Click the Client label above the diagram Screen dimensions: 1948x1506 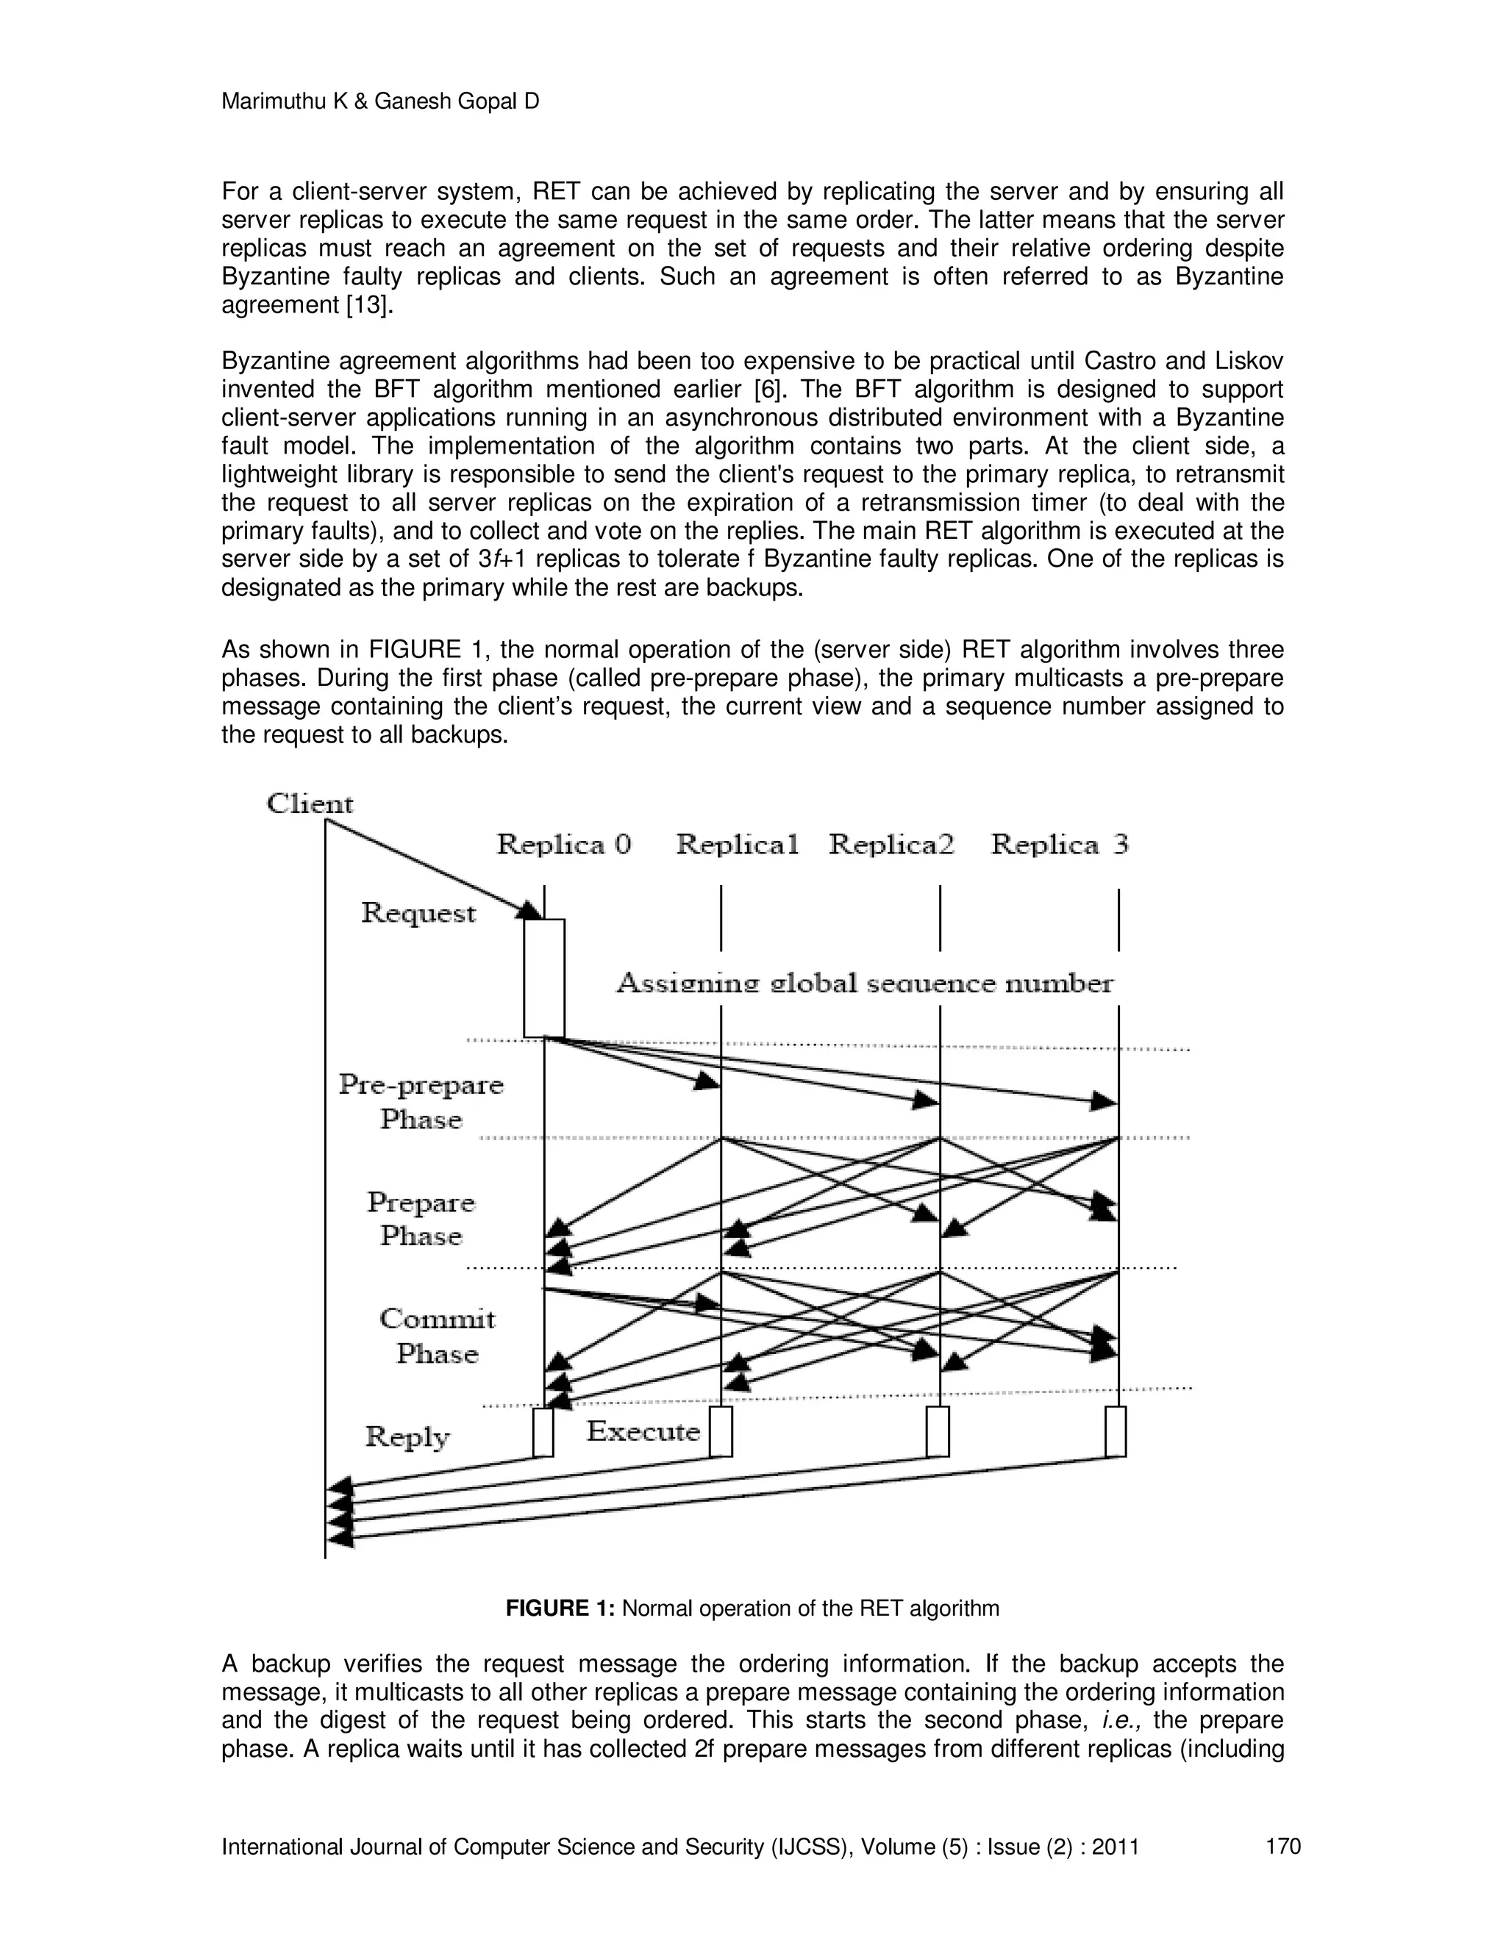pyautogui.click(x=310, y=803)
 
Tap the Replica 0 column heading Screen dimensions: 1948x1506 pyautogui.click(x=563, y=844)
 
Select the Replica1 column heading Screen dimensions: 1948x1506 pyautogui.click(x=737, y=844)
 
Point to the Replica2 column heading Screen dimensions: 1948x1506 pyautogui.click(x=891, y=844)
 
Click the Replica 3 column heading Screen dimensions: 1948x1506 pyautogui.click(x=1060, y=844)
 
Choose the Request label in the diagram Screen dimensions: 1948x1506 pyautogui.click(x=418, y=913)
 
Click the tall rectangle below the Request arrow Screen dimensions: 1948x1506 pyautogui.click(x=543, y=978)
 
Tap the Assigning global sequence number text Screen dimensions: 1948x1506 pyautogui.click(x=865, y=984)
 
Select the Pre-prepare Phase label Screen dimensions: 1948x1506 pyautogui.click(x=421, y=1103)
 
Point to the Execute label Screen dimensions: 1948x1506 pyautogui.click(x=643, y=1431)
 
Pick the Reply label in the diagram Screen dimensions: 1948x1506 pyautogui.click(x=407, y=1437)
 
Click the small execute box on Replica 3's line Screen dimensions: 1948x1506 pyautogui.click(x=1116, y=1430)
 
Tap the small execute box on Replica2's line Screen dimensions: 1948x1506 pyautogui.click(x=937, y=1430)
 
